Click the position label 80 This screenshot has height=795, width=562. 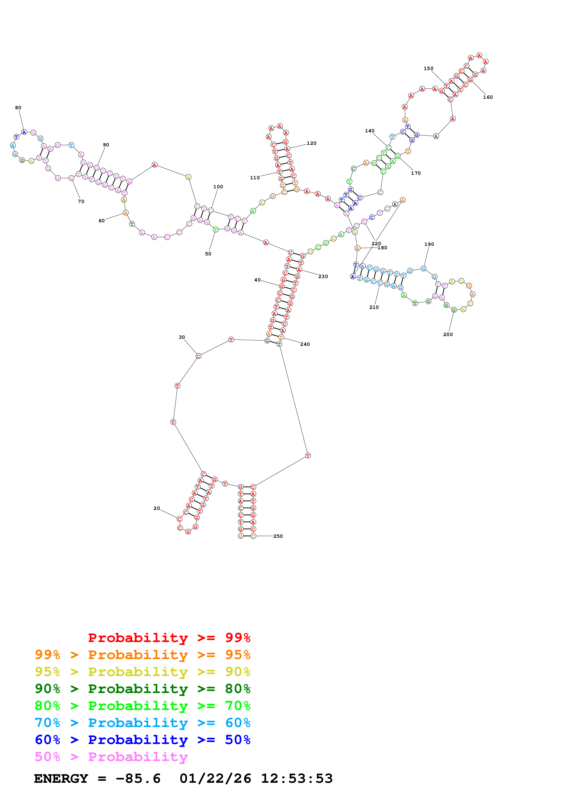[18, 108]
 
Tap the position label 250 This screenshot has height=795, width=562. [278, 536]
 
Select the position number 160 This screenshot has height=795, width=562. [488, 97]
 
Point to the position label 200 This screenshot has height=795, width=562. [448, 334]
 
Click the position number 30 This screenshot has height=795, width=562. [182, 337]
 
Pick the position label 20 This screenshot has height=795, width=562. [157, 508]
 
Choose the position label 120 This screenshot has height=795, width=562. [312, 143]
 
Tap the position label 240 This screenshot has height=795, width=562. [305, 344]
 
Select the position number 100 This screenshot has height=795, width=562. [218, 187]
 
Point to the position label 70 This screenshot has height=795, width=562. [81, 201]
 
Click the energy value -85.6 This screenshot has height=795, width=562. [138, 779]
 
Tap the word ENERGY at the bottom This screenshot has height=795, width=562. [61, 779]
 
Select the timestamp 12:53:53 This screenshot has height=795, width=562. [297, 779]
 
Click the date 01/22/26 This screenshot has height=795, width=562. [215, 779]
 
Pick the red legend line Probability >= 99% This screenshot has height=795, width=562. [169, 638]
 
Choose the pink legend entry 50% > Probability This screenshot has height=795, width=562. [111, 757]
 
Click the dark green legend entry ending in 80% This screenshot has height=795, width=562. [143, 689]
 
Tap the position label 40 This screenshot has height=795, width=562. [257, 280]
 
